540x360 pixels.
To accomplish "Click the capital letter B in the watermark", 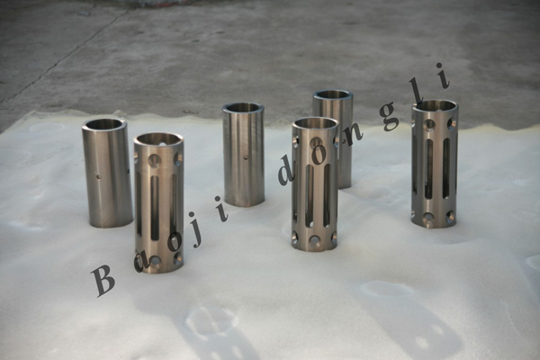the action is pyautogui.click(x=103, y=281).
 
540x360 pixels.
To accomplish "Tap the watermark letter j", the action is pyautogui.click(x=197, y=234).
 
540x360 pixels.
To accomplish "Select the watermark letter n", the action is pyautogui.click(x=352, y=137).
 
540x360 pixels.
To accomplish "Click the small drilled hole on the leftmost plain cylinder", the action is pyautogui.click(x=99, y=177).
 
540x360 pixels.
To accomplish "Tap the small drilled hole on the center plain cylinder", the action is pyautogui.click(x=246, y=158).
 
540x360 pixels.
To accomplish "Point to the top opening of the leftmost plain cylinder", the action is pyautogui.click(x=104, y=123).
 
